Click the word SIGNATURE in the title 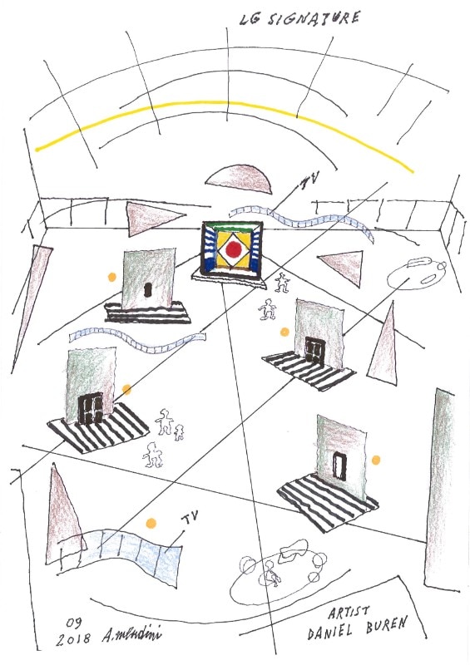coord(314,18)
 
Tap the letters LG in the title coord(250,19)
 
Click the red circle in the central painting coord(233,250)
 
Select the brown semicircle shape coord(239,180)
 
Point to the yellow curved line coord(225,102)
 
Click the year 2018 coord(73,638)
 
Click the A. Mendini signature coord(131,635)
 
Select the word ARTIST coord(349,612)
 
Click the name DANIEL coord(330,632)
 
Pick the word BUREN coord(387,625)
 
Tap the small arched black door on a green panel coord(148,289)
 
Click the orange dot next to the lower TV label coord(151,524)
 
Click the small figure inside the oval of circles coord(271,573)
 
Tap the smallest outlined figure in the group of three coord(179,432)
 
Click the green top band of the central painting coord(232,227)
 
